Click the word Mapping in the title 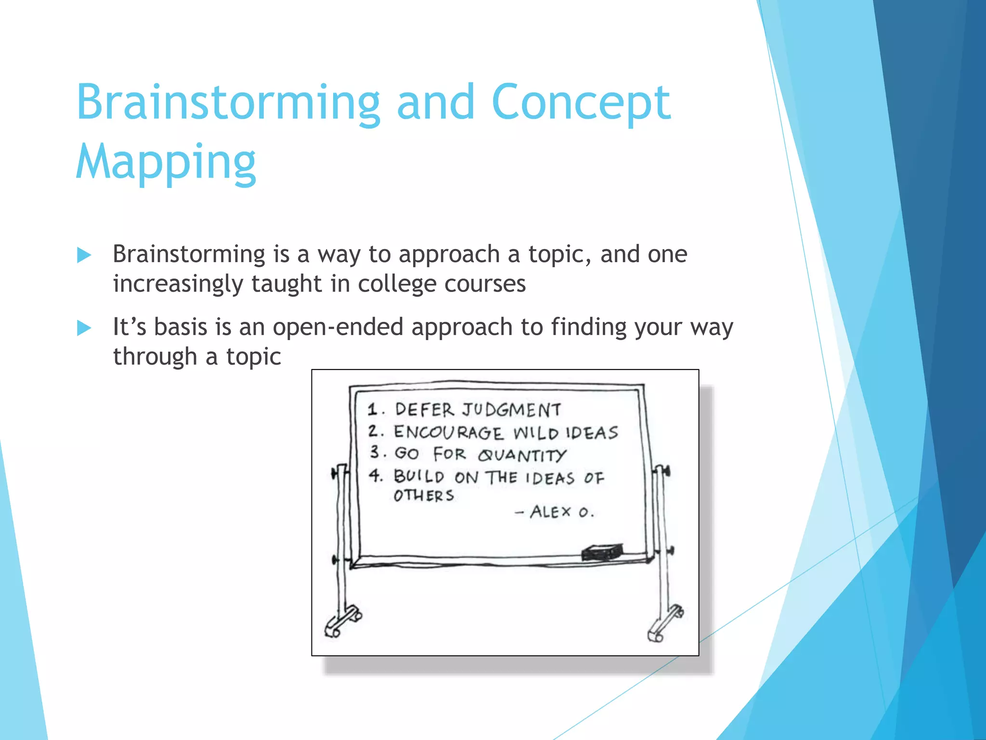[166, 162]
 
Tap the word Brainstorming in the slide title [228, 103]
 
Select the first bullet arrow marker [84, 255]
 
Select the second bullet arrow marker [84, 329]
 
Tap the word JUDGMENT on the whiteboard [511, 410]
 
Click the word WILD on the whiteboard [535, 433]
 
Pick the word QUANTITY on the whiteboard [522, 455]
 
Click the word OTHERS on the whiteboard [424, 496]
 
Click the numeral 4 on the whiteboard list [375, 476]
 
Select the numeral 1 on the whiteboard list [372, 410]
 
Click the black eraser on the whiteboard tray [602, 553]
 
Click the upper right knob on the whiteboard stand [664, 470]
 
